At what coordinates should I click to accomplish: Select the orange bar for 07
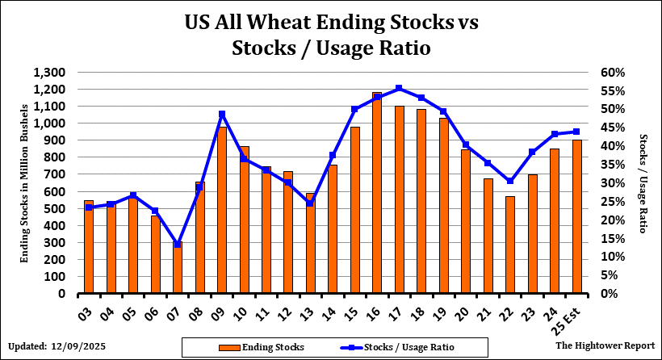[178, 268]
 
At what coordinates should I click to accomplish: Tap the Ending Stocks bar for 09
[222, 210]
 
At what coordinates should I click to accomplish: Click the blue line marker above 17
[399, 88]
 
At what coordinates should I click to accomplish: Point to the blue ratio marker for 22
[509, 181]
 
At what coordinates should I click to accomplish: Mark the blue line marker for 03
[89, 207]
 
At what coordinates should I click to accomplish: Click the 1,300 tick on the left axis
[51, 73]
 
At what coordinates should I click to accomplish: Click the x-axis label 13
[311, 306]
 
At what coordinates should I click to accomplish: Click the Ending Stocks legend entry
[261, 347]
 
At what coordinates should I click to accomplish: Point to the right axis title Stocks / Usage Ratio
[643, 183]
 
